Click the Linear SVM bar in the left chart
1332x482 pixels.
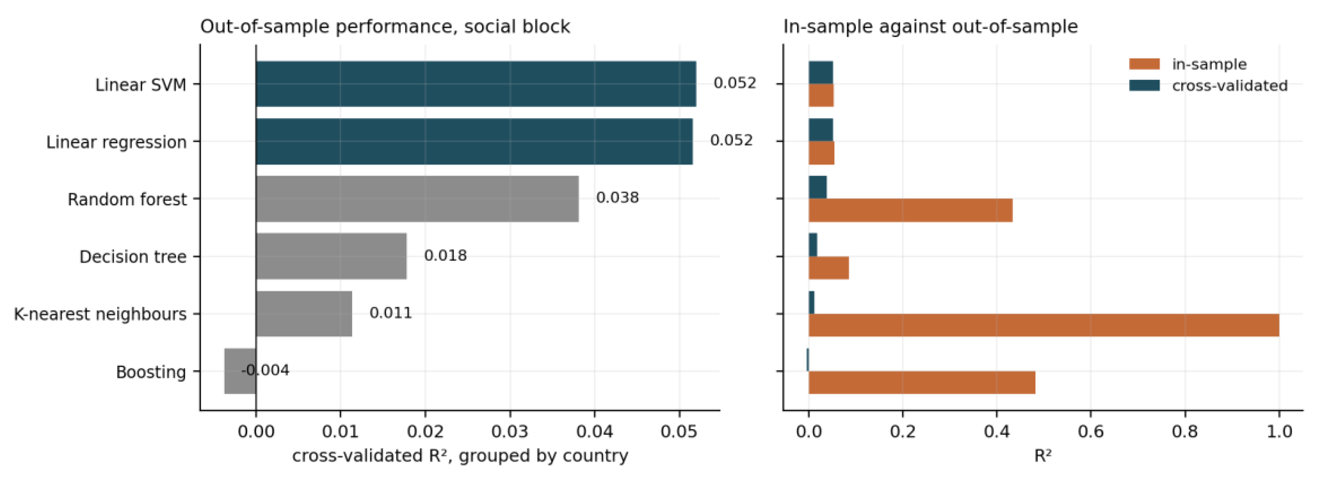click(x=476, y=84)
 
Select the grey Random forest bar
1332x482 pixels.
click(x=417, y=199)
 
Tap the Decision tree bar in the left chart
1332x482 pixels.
click(x=331, y=256)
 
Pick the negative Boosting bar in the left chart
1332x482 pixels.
click(x=240, y=371)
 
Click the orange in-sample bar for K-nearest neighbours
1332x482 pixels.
click(x=1043, y=325)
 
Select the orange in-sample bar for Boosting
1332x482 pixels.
click(x=922, y=382)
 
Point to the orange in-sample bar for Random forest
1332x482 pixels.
click(x=911, y=210)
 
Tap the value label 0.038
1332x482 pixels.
click(x=617, y=198)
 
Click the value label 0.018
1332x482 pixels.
click(x=445, y=255)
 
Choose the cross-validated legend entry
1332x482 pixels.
click(x=1208, y=85)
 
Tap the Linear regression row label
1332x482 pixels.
click(x=116, y=142)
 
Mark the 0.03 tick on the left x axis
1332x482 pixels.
click(x=510, y=431)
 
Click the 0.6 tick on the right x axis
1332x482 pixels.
click(x=1091, y=431)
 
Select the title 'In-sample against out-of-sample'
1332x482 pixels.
click(x=931, y=26)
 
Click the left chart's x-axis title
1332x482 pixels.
click(x=460, y=456)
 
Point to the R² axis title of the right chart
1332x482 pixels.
click(x=1043, y=456)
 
